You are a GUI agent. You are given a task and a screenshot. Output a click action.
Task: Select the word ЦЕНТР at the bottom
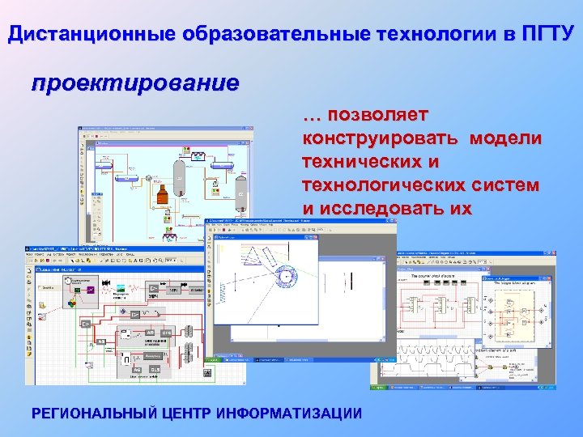point(189,414)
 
